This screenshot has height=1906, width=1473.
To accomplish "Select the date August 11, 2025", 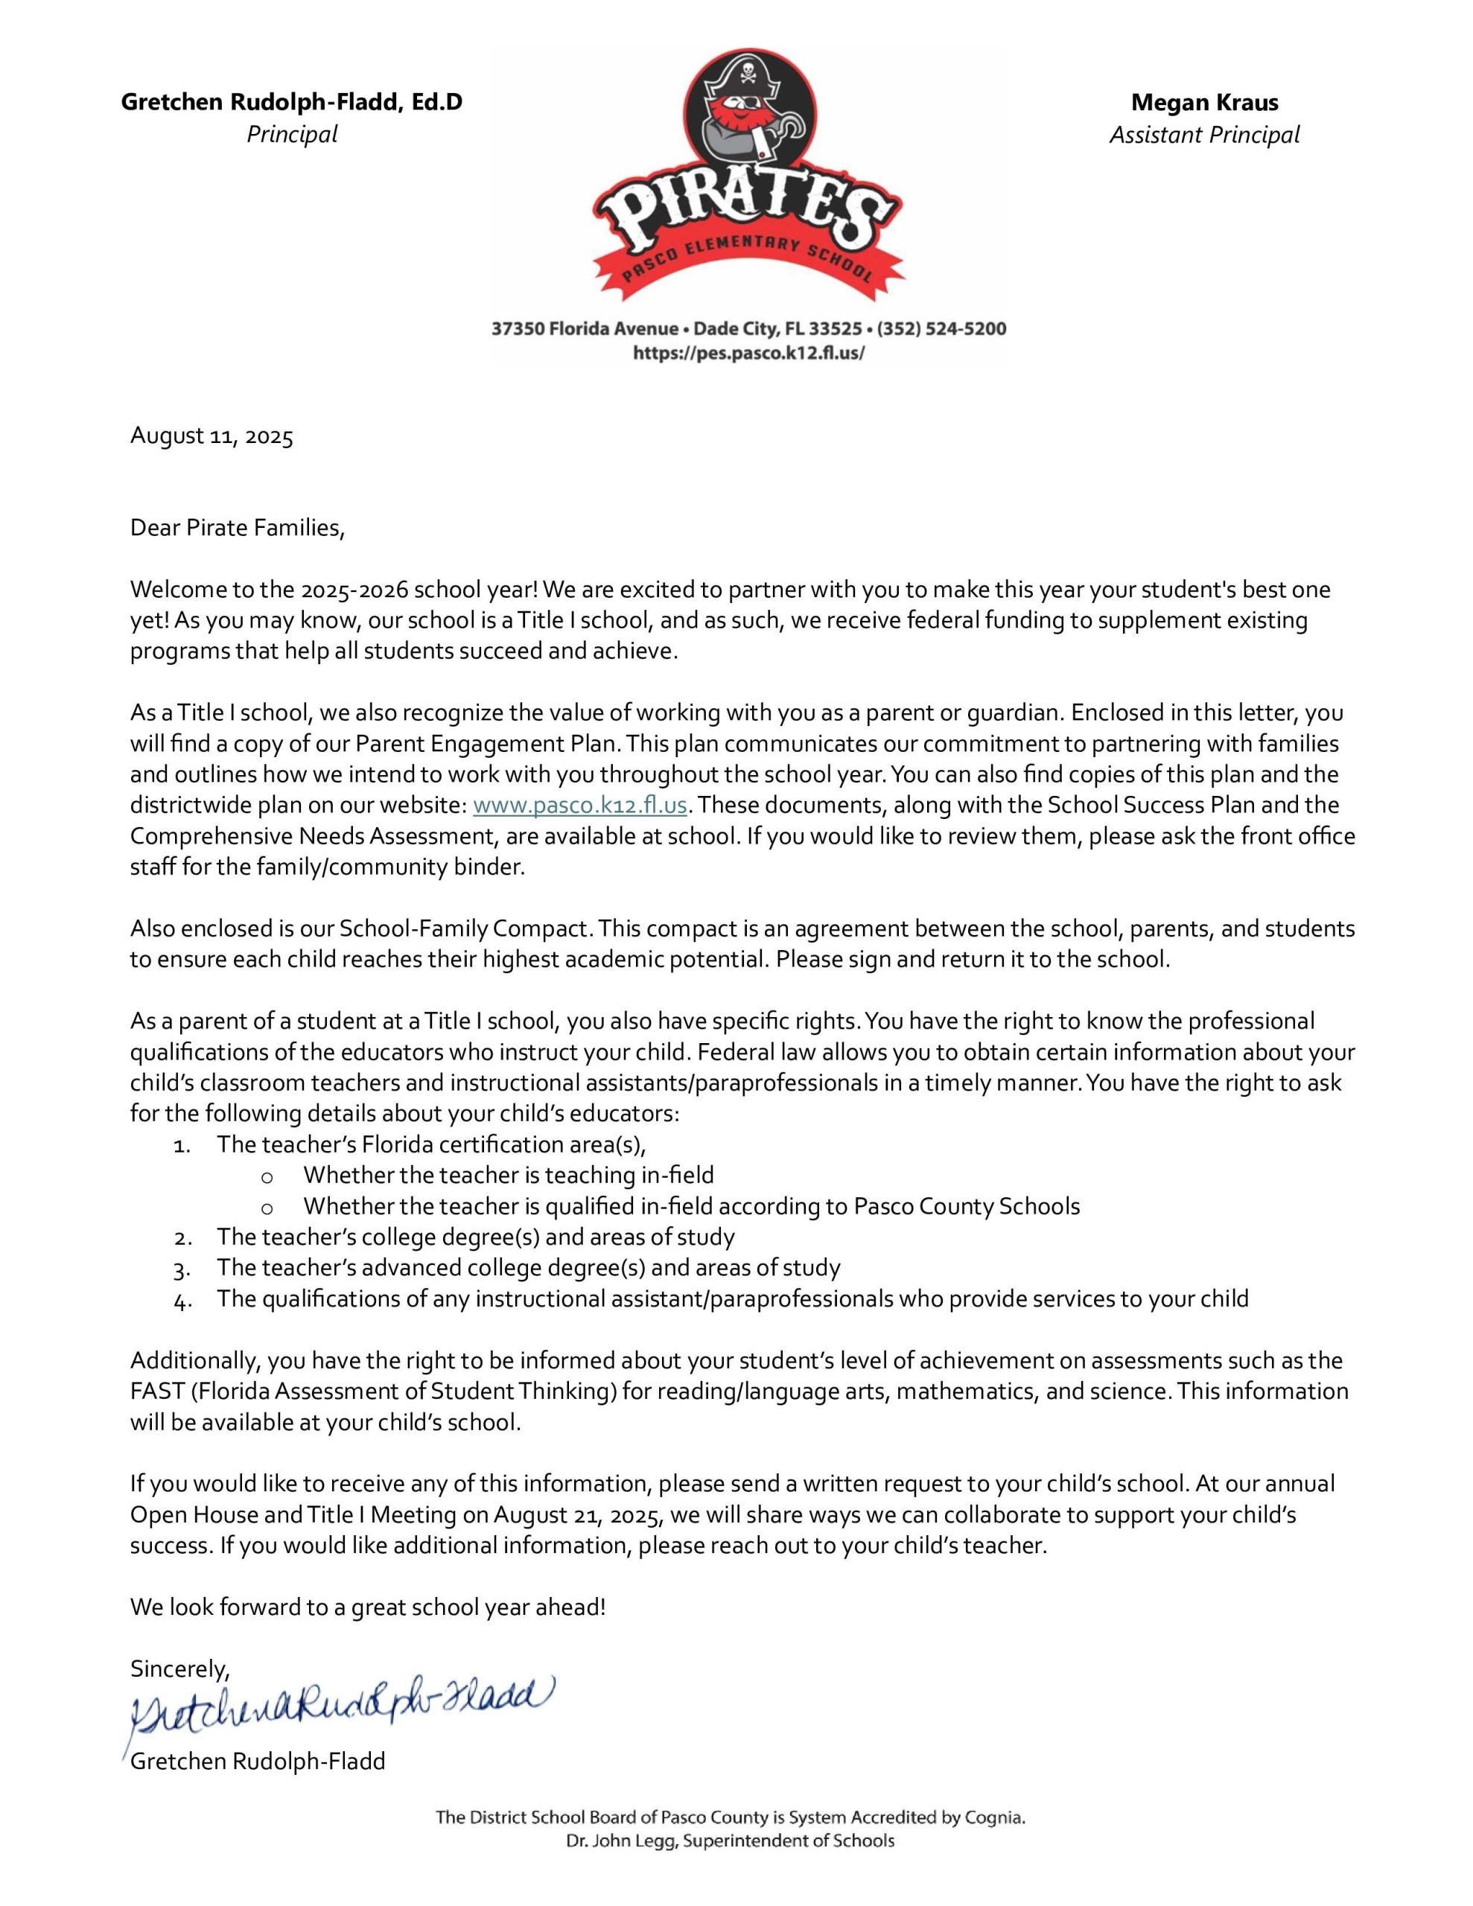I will coord(211,436).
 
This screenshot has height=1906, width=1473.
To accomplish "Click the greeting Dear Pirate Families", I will coord(237,528).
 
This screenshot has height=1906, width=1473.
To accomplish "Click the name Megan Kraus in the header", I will coord(1204,103).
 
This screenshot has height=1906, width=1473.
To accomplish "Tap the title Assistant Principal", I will coord(1204,136).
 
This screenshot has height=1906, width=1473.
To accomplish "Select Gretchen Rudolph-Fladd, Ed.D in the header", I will coord(292,103).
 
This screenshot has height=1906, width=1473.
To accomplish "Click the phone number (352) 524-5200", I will coord(941,329).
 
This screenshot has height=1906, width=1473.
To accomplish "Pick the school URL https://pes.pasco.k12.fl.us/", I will coord(748,354).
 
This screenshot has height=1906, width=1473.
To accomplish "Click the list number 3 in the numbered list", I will coord(182,1269).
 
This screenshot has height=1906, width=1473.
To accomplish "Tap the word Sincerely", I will coord(179,1669).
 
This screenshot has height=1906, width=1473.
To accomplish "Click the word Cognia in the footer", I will coord(993,1818).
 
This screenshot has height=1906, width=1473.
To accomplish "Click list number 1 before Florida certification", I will coord(182,1145).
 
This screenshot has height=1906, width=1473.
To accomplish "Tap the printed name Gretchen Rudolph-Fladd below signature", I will coord(258,1761).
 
